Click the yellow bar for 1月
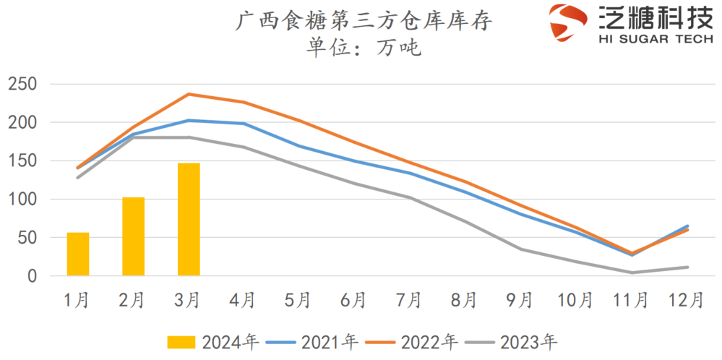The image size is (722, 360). (x=78, y=254)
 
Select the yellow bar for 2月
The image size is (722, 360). (x=133, y=236)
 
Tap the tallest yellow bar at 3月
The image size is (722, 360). (x=189, y=219)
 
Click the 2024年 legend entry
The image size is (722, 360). (x=212, y=340)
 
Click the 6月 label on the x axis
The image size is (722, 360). (x=354, y=299)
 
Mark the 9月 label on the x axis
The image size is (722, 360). (x=520, y=299)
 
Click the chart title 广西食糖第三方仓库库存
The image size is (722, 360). (x=364, y=21)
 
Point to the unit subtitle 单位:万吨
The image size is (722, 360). (x=364, y=48)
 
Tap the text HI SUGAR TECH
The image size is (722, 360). (x=656, y=40)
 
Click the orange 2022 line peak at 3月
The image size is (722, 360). (x=189, y=94)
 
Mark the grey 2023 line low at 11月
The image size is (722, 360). (x=630, y=273)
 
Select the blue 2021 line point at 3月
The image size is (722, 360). (x=189, y=121)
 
